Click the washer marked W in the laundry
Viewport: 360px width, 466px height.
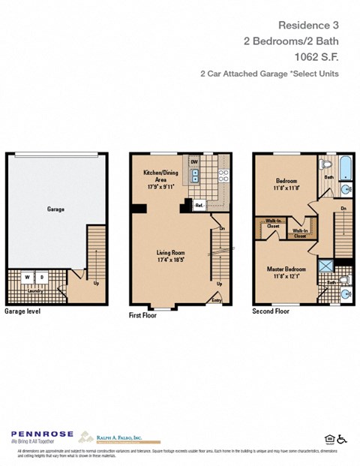28,277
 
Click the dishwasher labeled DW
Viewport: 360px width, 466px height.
194,162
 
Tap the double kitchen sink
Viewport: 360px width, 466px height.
194,176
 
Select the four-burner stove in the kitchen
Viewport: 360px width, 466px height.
223,176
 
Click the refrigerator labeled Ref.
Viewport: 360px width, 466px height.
199,204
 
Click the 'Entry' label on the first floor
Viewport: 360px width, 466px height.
217,299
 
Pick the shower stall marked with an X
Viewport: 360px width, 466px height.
326,264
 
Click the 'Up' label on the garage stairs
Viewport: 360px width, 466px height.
97,284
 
